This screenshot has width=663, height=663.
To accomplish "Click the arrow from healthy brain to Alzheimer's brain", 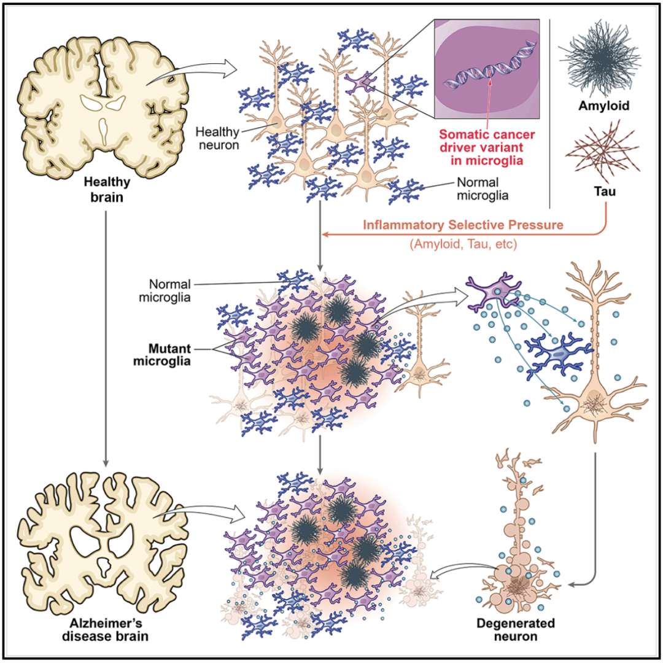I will (x=107, y=338).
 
